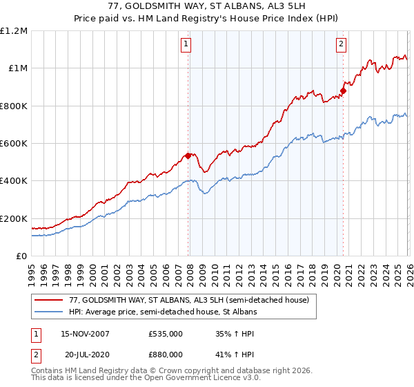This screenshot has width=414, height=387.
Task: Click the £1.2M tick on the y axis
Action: click(14, 31)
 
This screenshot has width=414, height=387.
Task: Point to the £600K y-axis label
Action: click(14, 144)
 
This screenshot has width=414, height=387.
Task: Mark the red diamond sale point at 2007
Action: click(188, 155)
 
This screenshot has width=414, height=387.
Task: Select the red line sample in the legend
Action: click(48, 299)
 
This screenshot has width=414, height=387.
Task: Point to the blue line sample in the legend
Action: click(48, 312)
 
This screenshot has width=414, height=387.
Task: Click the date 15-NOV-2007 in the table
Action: click(85, 334)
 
